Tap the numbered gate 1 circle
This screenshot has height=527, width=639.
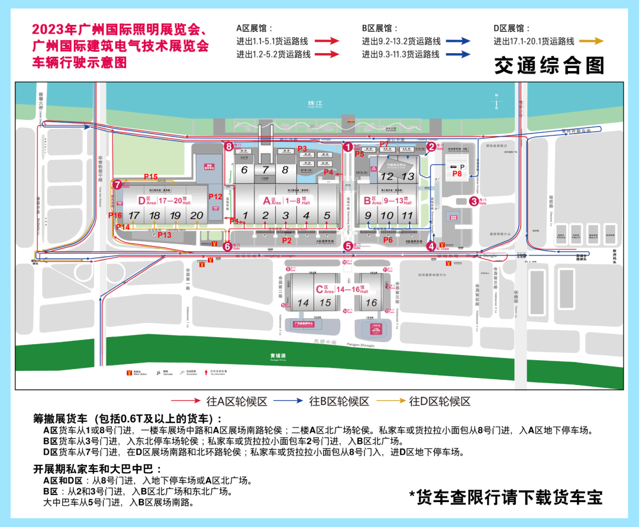coord(348,146)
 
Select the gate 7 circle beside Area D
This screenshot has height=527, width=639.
coord(118,185)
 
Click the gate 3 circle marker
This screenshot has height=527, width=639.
coord(474,201)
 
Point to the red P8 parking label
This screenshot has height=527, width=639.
coord(457,174)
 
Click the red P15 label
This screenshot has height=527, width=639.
coord(151,177)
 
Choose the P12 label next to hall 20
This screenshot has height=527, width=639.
coord(215,196)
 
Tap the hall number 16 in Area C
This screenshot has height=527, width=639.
coord(371,303)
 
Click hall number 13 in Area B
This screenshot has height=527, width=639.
coord(408,176)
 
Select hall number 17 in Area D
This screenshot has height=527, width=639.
coord(135,216)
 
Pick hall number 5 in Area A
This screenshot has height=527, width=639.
coord(327,216)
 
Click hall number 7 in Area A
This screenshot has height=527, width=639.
coord(265,170)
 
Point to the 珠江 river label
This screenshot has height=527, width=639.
coord(314,102)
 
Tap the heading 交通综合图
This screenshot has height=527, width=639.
coord(549,66)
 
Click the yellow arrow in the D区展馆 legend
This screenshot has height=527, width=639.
coord(590,41)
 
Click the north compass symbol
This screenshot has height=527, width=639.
coord(496,102)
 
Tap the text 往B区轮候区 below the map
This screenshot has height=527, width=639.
coord(339,402)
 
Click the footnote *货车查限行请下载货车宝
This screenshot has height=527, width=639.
coord(506,497)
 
